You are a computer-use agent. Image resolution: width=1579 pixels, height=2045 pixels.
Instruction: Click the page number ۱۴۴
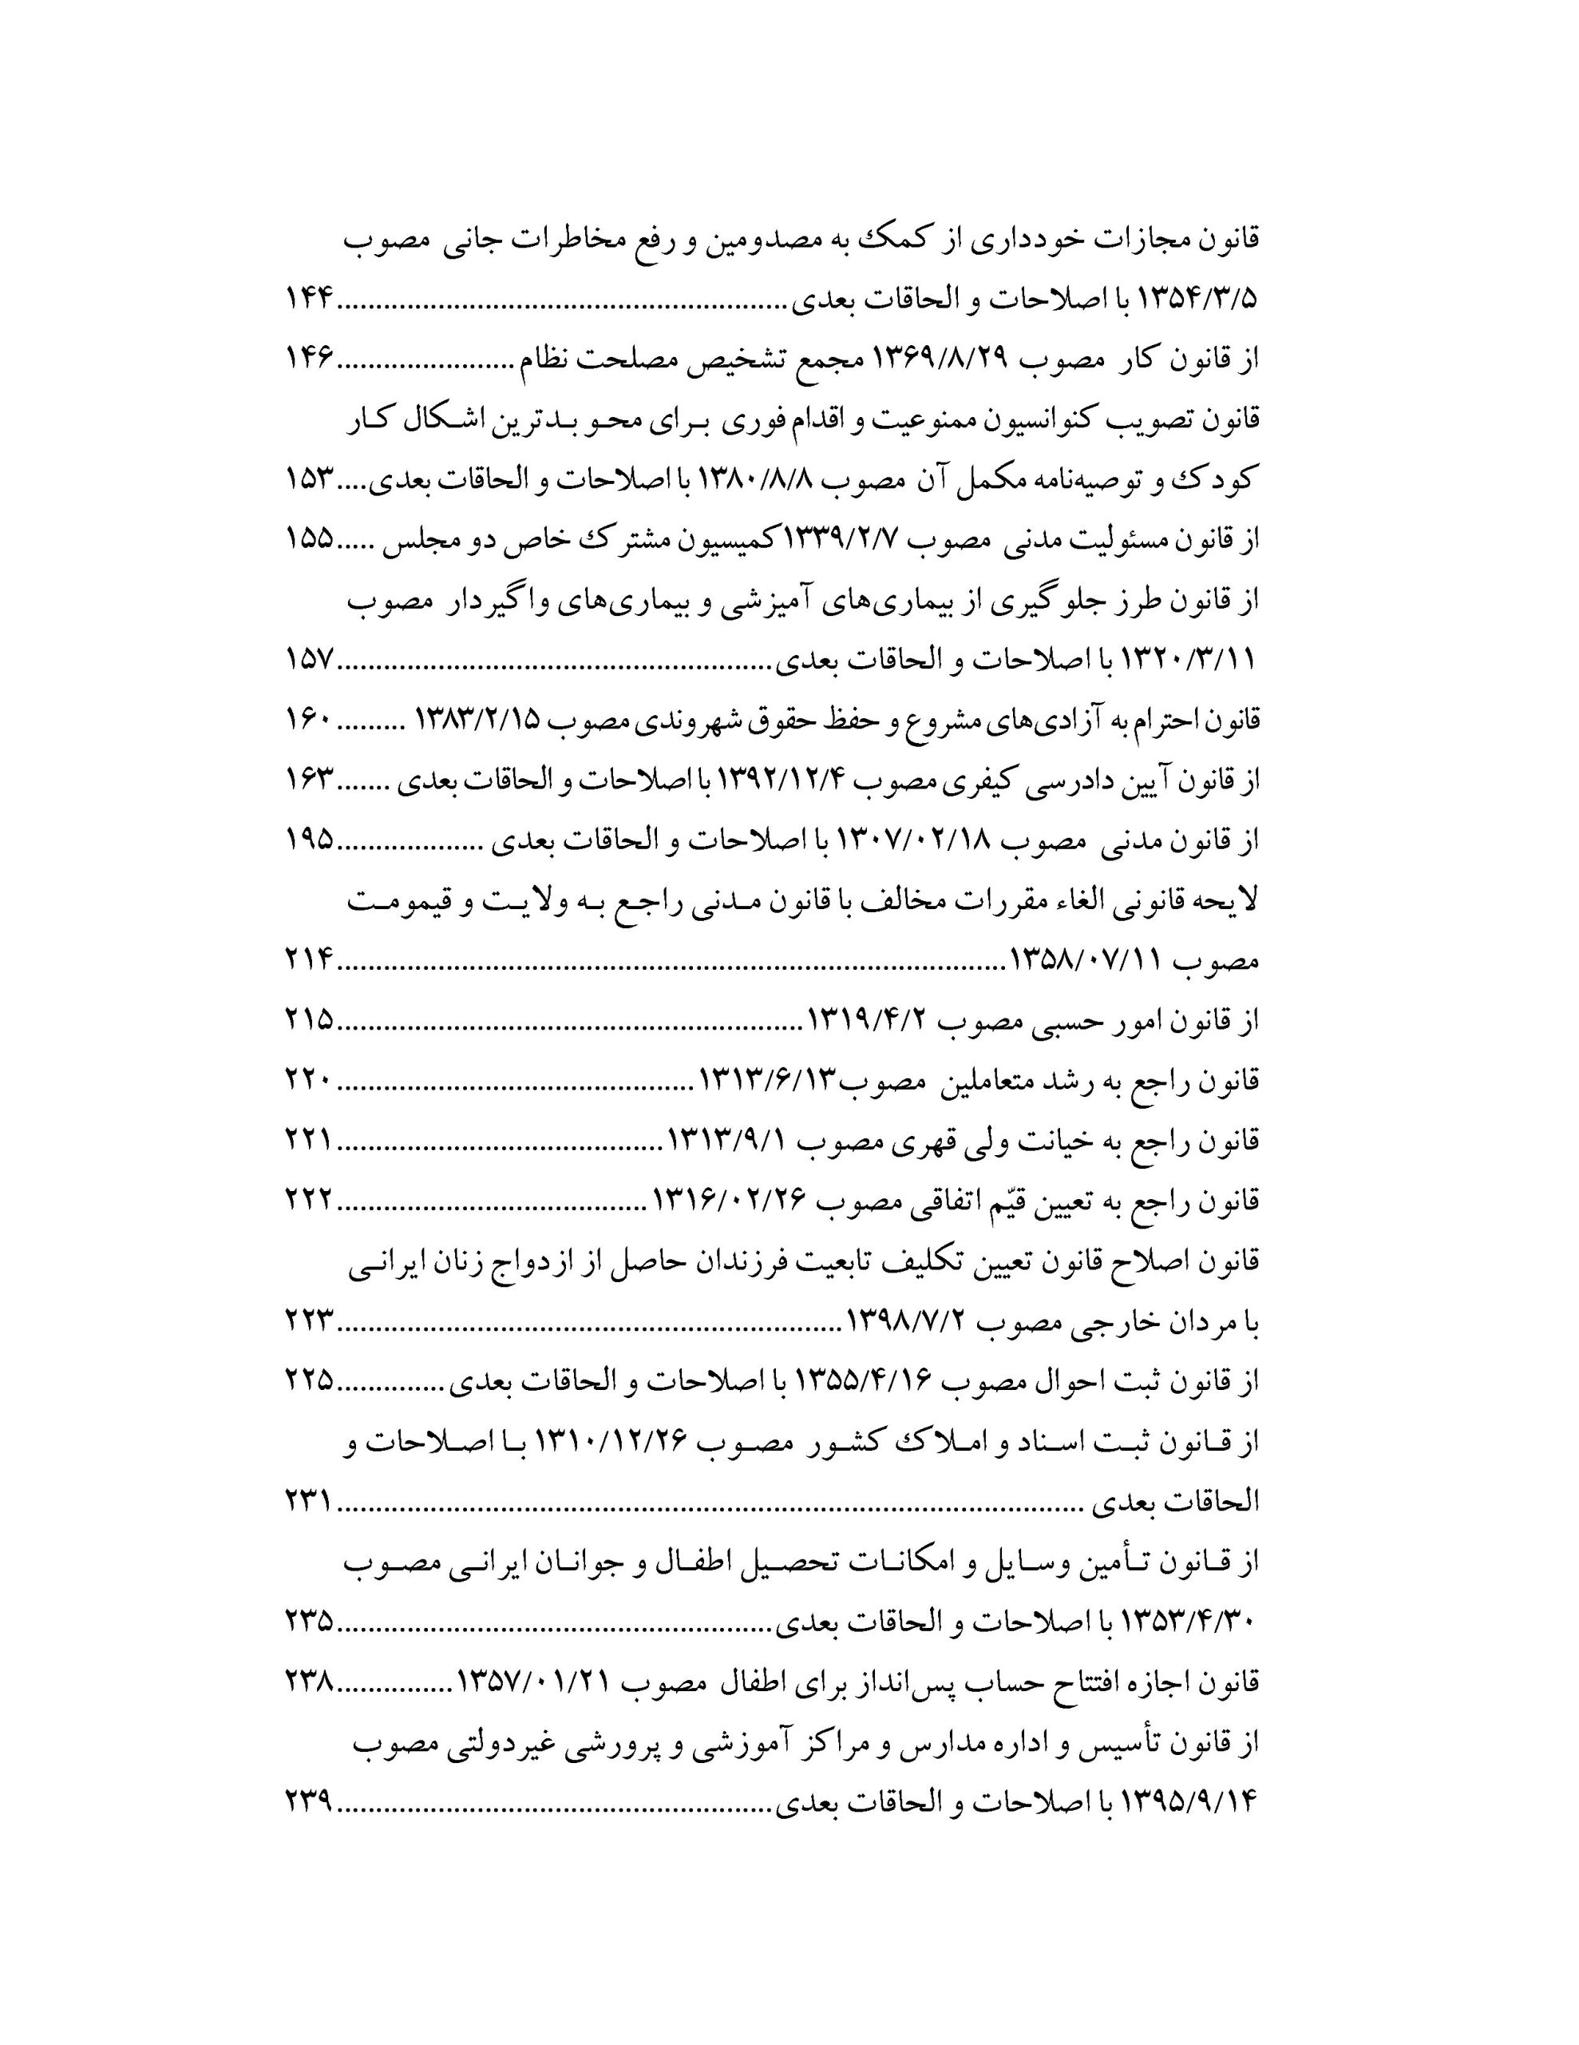point(310,300)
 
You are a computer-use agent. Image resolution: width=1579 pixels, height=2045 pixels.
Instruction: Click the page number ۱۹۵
point(310,840)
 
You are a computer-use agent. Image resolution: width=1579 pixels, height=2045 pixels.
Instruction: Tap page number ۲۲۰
point(310,1081)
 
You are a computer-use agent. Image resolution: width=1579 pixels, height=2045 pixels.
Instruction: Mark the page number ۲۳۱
point(310,1502)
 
